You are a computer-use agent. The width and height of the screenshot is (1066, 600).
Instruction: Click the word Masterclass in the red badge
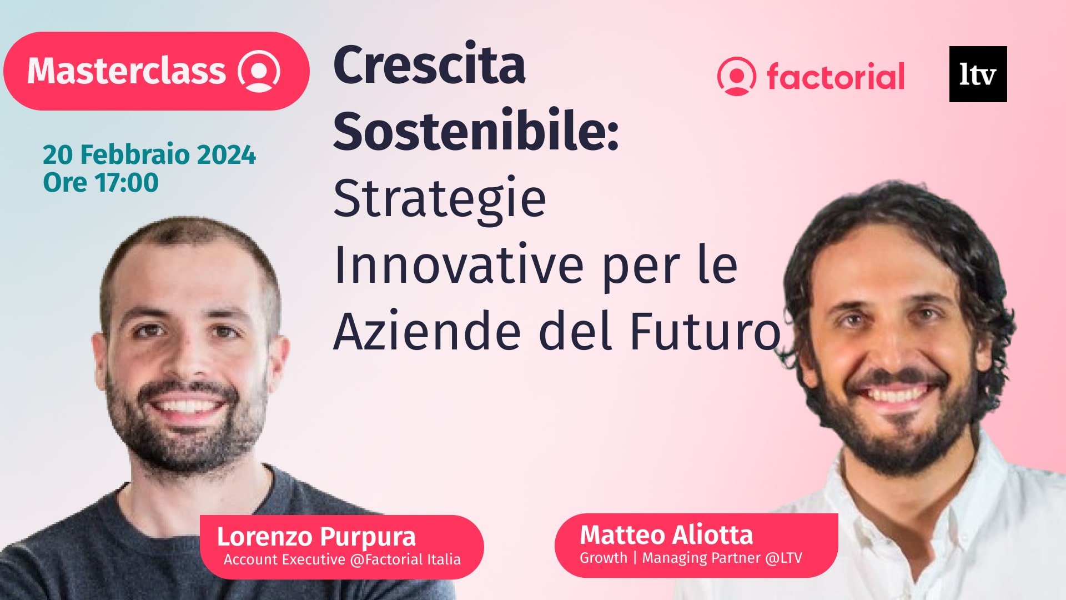(x=127, y=71)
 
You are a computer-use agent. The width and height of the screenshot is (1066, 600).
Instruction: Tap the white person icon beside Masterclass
(x=259, y=71)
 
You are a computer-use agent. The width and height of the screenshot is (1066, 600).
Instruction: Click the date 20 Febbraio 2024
(x=149, y=154)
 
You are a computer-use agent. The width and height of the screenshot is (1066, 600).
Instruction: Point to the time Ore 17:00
(x=100, y=183)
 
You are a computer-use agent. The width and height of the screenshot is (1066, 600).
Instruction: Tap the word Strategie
(x=440, y=199)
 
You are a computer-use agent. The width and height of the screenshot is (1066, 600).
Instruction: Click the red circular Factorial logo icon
(x=736, y=76)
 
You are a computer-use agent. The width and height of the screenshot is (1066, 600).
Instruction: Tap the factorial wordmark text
(x=836, y=77)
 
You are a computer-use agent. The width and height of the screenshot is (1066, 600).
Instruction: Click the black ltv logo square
(x=978, y=74)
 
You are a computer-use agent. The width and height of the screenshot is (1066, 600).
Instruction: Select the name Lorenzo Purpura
(x=316, y=537)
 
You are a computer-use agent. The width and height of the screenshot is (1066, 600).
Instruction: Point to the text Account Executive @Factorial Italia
(x=342, y=559)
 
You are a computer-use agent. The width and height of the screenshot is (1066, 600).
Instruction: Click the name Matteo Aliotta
(x=666, y=535)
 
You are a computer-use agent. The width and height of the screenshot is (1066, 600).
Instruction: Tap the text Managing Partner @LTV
(x=722, y=558)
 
